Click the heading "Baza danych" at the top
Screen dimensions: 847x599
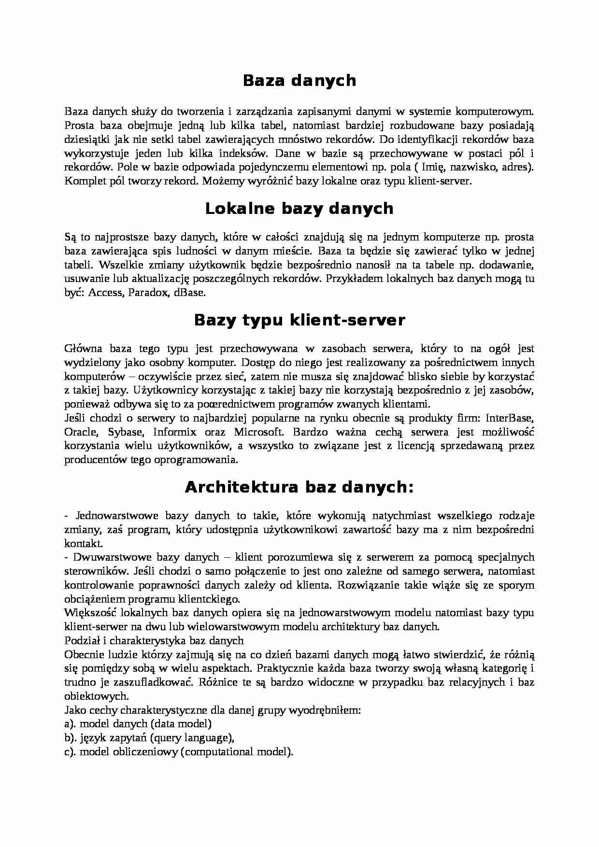pos(299,80)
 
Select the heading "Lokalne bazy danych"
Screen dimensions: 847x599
pos(299,209)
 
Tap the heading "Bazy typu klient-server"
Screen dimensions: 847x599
pos(299,320)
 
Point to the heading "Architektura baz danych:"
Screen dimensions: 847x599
pos(299,488)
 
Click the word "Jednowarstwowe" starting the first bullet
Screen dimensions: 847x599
pos(114,516)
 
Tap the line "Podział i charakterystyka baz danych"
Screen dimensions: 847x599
pos(154,641)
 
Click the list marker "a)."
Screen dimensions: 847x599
pos(71,724)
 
